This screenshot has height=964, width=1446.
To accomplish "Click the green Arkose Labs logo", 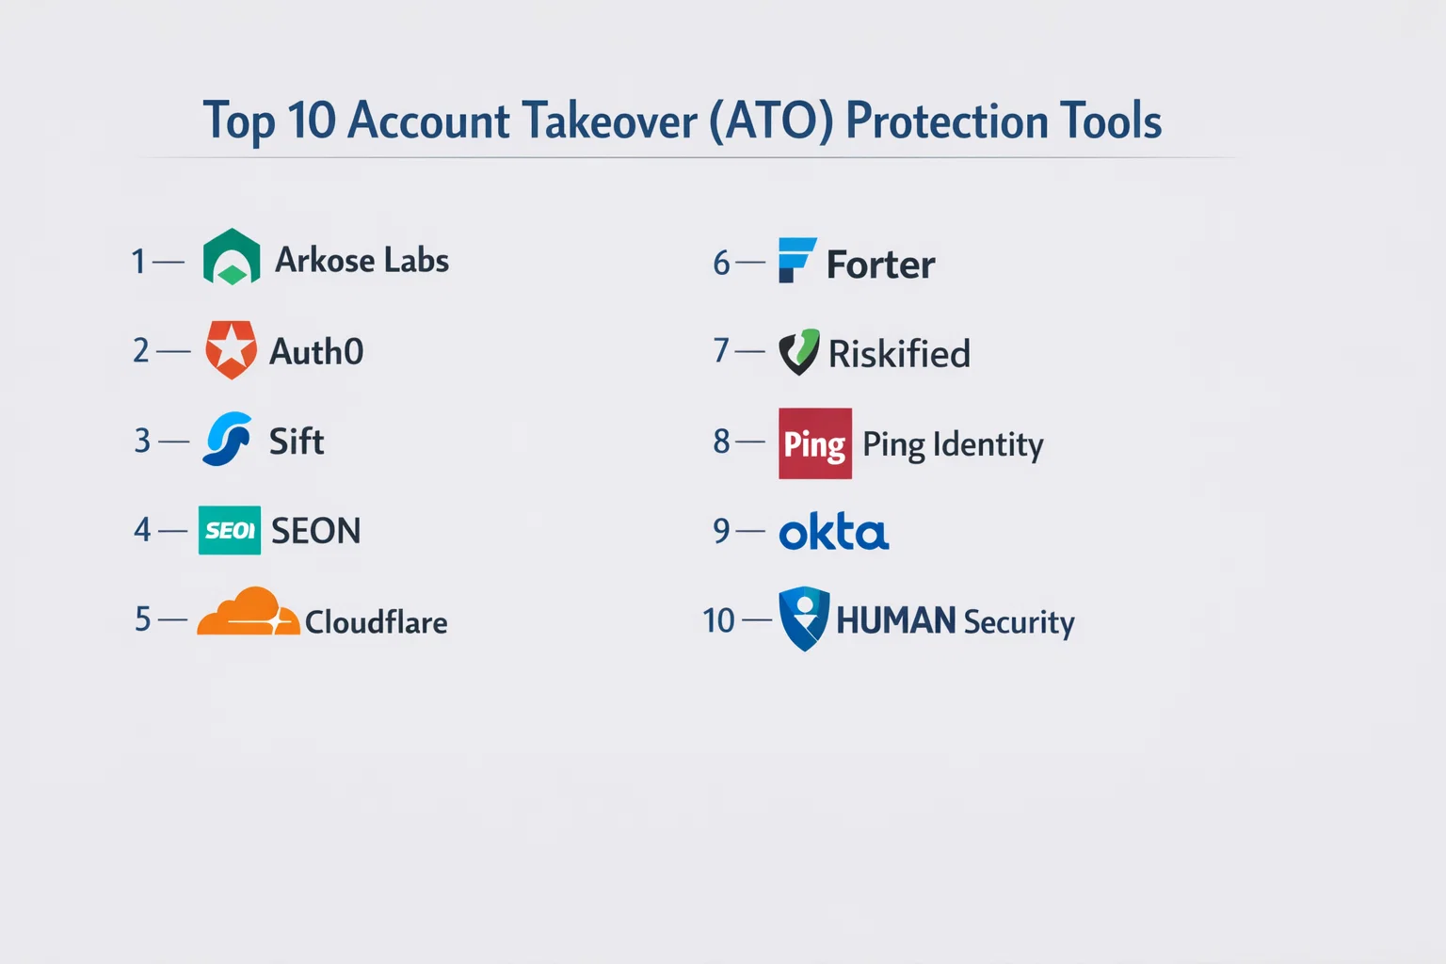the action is (x=231, y=257).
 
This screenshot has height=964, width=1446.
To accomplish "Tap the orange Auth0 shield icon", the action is (x=231, y=349).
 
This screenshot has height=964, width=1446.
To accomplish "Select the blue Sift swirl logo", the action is (x=227, y=439).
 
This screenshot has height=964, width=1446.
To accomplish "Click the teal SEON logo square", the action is (x=230, y=530).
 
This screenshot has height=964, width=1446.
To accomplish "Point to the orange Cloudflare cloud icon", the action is (x=249, y=611).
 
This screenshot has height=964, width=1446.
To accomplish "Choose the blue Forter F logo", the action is (x=797, y=260).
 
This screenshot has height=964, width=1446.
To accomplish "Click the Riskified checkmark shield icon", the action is (x=799, y=352).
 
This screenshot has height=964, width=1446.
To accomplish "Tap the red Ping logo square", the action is (x=815, y=443).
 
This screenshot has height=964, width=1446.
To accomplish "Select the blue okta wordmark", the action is (x=834, y=531).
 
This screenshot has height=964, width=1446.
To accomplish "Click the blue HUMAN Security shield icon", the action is (x=804, y=619).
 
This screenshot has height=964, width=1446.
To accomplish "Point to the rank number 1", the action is (x=138, y=262).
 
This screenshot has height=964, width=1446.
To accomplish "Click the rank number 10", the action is (x=718, y=620).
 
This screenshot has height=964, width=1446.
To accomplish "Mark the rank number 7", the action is (x=721, y=350).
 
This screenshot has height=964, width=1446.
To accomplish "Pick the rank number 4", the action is (x=142, y=530).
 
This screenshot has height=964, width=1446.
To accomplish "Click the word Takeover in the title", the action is (x=610, y=120).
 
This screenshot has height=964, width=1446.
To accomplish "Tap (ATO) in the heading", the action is (x=771, y=121).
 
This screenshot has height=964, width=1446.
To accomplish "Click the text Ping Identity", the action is (x=953, y=445).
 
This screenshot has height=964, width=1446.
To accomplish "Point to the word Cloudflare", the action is (x=376, y=622).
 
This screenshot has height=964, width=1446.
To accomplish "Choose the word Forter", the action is (x=880, y=265).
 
